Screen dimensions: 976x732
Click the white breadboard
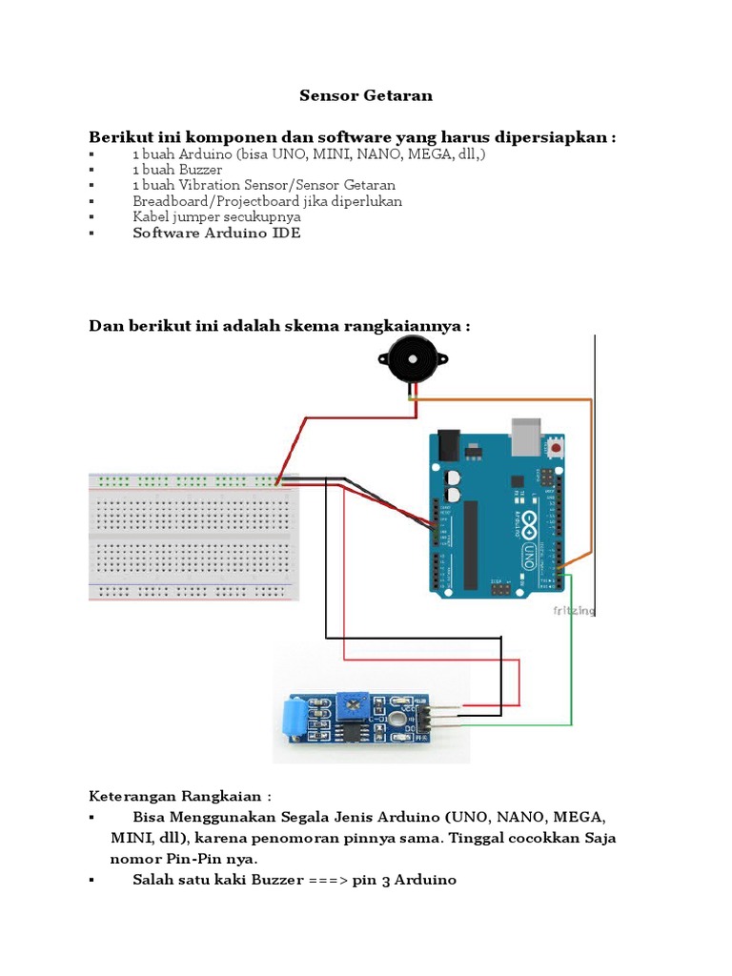[x=193, y=536]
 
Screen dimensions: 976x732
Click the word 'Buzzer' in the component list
[x=188, y=169]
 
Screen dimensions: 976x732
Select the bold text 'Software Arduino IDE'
[x=216, y=234]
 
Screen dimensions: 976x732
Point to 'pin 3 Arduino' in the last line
[x=404, y=880]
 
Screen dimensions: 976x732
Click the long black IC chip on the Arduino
[x=470, y=543]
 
